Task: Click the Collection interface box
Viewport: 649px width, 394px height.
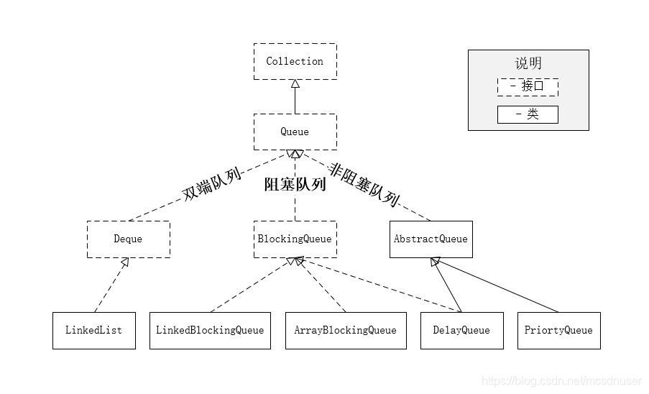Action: coord(295,61)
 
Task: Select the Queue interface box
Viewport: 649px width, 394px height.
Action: coord(295,132)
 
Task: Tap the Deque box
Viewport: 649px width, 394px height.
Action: coord(128,239)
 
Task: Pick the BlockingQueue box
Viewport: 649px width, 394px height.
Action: coord(295,239)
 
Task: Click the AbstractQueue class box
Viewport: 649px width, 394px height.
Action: coord(431,239)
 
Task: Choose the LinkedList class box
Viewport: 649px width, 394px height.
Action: coord(93,331)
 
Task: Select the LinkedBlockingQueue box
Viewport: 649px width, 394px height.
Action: coord(210,331)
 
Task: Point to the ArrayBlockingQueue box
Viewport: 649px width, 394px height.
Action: coord(345,331)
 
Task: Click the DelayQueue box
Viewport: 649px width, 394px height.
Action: coord(461,331)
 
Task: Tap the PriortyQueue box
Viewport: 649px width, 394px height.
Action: coord(558,331)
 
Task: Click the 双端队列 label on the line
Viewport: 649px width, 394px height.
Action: coord(210,183)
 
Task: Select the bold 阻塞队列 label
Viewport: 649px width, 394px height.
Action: coord(295,185)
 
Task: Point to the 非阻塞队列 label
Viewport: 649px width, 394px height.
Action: coord(364,184)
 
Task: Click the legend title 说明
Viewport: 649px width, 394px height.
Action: coord(528,63)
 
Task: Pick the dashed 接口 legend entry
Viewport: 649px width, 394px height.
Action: coord(528,87)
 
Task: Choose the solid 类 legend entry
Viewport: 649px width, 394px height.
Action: coord(528,114)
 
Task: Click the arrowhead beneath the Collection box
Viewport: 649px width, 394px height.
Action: coord(295,84)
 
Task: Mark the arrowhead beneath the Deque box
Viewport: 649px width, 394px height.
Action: coord(125,263)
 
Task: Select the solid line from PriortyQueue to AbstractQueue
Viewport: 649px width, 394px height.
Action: coord(496,286)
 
